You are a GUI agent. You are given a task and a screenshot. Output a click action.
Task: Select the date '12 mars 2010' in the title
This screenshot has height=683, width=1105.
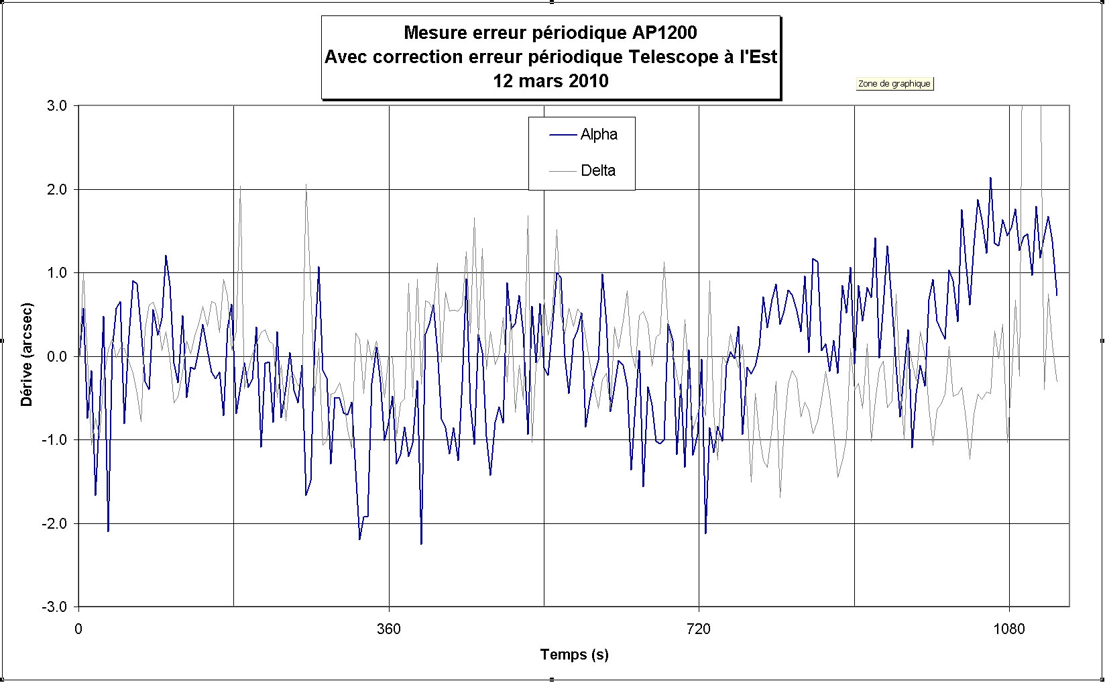tap(550, 81)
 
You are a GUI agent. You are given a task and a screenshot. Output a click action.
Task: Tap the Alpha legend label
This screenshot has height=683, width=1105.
tap(599, 135)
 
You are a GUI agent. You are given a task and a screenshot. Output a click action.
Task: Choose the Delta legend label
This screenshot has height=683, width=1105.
tap(598, 170)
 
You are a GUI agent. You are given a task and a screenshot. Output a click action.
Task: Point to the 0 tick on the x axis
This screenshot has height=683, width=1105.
tap(78, 629)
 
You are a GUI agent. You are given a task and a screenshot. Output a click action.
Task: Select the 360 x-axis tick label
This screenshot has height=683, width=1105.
tap(389, 629)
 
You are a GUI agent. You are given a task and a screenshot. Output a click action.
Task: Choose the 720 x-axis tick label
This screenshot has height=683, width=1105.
tap(699, 629)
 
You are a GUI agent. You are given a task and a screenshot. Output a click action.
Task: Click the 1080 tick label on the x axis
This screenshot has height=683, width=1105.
tap(1009, 629)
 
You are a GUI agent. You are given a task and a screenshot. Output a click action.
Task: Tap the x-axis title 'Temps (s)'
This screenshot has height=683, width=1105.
tap(574, 655)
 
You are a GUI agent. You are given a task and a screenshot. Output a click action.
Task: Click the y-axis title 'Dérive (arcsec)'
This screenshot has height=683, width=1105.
tap(27, 355)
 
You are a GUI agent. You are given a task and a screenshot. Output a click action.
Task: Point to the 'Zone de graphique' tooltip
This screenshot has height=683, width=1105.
tap(894, 84)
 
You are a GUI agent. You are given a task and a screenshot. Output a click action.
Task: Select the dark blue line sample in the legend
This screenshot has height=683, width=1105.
tap(563, 135)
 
